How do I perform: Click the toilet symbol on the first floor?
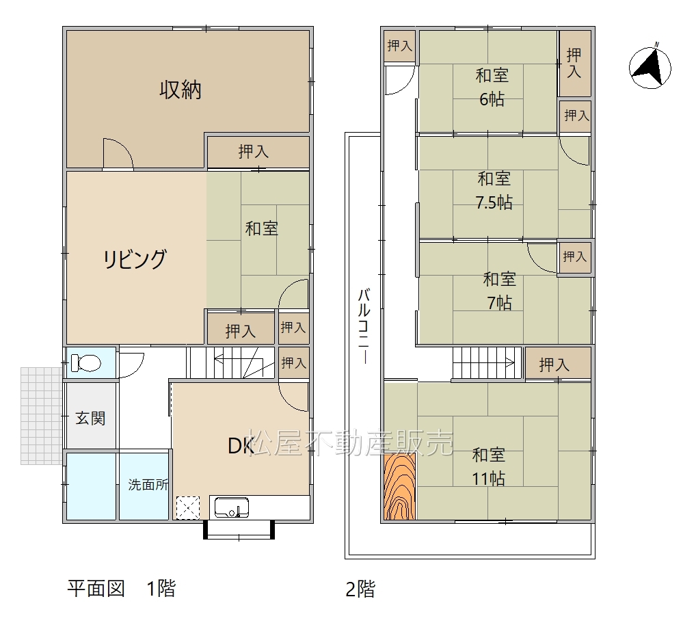click(x=86, y=362)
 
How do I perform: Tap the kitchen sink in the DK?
click(x=231, y=507)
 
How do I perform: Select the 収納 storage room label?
click(x=180, y=90)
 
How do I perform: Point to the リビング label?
click(x=135, y=259)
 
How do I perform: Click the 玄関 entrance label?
click(x=90, y=418)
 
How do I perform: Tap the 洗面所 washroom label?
click(x=148, y=484)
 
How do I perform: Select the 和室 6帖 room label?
click(x=492, y=87)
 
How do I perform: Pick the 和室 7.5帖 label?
click(x=494, y=190)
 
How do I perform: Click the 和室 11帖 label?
click(x=488, y=466)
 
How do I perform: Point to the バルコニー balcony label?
click(x=364, y=325)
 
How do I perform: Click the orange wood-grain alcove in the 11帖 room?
click(x=400, y=486)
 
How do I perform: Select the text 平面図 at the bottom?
click(x=96, y=589)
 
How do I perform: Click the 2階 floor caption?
click(x=360, y=589)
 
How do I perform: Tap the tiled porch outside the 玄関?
click(x=41, y=416)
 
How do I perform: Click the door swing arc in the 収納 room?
click(x=118, y=153)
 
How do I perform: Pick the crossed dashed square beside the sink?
click(x=188, y=507)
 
